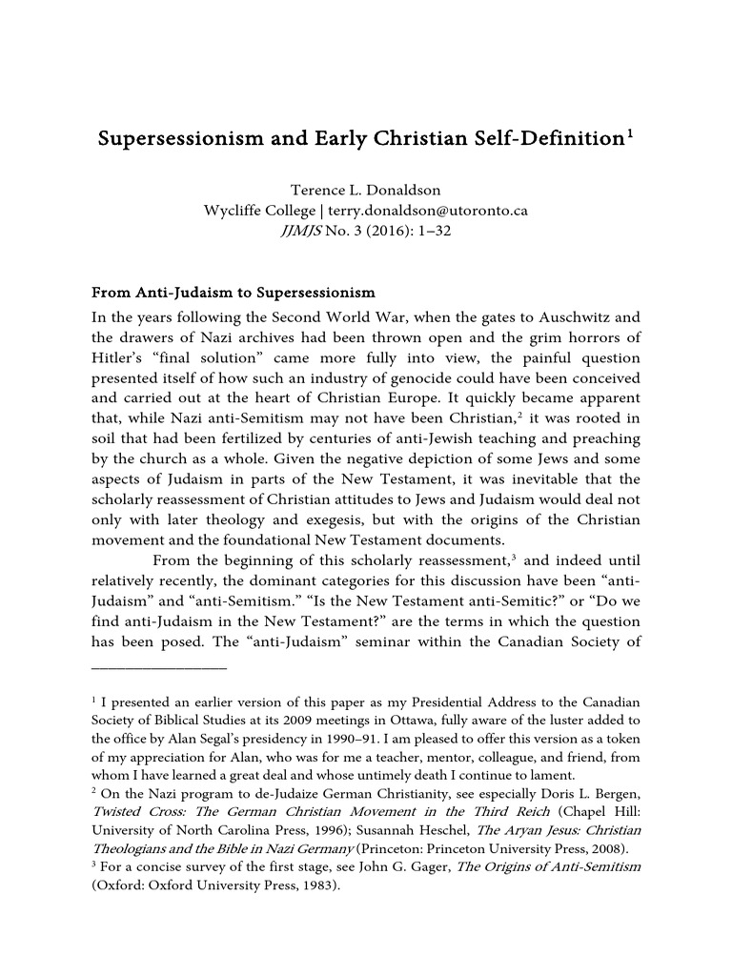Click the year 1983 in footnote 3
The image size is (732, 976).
click(313, 884)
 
